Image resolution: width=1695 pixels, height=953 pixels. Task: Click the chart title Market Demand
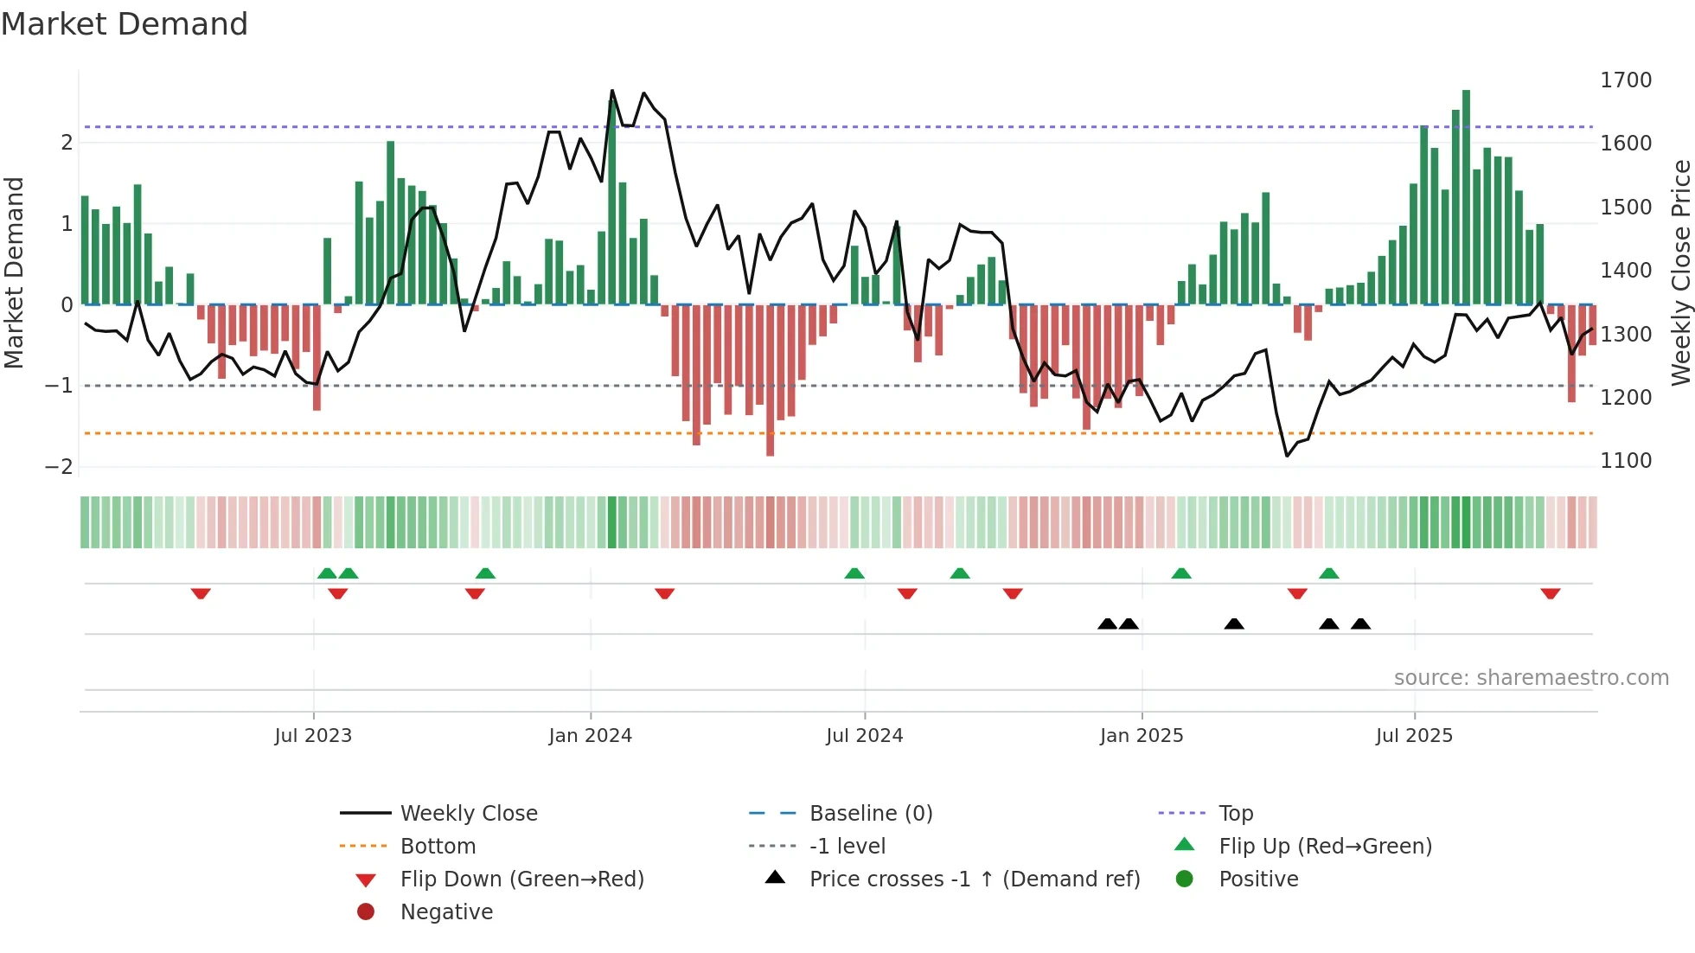tap(125, 24)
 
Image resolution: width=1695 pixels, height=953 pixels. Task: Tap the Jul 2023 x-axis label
tap(313, 736)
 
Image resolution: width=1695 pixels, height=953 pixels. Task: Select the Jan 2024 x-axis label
tap(591, 736)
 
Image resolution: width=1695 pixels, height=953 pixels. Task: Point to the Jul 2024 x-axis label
tap(864, 736)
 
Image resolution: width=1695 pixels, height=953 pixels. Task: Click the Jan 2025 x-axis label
tap(1142, 736)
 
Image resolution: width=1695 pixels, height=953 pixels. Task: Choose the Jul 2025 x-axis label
tap(1414, 736)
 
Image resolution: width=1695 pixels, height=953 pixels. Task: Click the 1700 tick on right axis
tap(1626, 80)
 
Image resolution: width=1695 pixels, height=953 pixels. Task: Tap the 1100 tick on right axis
tap(1626, 461)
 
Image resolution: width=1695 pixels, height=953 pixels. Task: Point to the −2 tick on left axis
tap(59, 467)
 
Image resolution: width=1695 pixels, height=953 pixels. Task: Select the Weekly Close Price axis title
tap(1680, 272)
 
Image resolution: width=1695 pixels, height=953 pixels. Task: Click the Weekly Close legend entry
tap(468, 814)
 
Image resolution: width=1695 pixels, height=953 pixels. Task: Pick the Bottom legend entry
tap(438, 847)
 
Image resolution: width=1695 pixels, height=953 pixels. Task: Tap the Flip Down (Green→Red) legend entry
tap(521, 879)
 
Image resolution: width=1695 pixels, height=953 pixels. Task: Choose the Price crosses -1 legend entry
tap(974, 879)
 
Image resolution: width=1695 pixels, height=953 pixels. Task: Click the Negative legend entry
tap(446, 912)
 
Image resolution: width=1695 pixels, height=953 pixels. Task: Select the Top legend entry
tap(1236, 814)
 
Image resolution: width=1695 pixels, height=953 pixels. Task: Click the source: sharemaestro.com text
tap(1531, 678)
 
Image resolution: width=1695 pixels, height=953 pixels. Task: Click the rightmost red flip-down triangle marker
tap(1550, 593)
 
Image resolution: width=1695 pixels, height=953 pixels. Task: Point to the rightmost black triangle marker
tap(1360, 624)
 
